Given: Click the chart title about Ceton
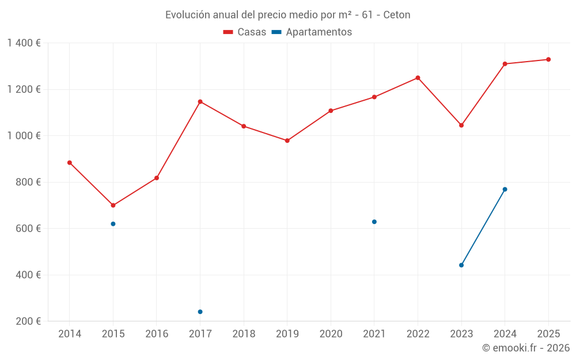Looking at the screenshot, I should pyautogui.click(x=287, y=15).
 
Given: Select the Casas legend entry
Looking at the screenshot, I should pyautogui.click(x=245, y=32).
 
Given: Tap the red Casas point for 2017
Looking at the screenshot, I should pyautogui.click(x=200, y=102).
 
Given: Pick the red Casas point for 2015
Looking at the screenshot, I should pyautogui.click(x=113, y=206).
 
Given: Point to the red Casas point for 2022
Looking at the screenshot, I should pyautogui.click(x=418, y=78).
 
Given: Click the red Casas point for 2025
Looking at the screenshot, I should pyautogui.click(x=548, y=59).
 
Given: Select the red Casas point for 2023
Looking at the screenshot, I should pyautogui.click(x=461, y=126).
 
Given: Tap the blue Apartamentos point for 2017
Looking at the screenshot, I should pyautogui.click(x=200, y=312).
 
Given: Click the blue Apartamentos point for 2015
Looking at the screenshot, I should pyautogui.click(x=113, y=224).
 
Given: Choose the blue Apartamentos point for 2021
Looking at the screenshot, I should pyautogui.click(x=374, y=222).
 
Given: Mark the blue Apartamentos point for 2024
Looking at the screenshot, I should pyautogui.click(x=505, y=190).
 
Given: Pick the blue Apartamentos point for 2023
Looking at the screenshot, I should pyautogui.click(x=461, y=266).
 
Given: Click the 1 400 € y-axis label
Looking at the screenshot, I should pyautogui.click(x=24, y=43).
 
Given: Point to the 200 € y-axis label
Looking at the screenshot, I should pyautogui.click(x=27, y=321).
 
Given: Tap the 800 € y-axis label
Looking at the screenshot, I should pyautogui.click(x=27, y=182).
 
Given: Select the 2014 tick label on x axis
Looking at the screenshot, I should pyautogui.click(x=70, y=334).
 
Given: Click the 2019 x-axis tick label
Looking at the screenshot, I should pyautogui.click(x=287, y=334).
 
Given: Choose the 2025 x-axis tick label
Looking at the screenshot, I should pyautogui.click(x=548, y=334).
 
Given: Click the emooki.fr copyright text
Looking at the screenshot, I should pyautogui.click(x=525, y=348).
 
